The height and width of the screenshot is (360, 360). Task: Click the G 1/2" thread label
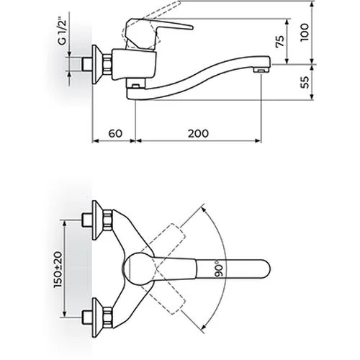click(62, 33)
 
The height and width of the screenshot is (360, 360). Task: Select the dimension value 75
click(280, 41)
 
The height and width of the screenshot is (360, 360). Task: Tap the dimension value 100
click(305, 32)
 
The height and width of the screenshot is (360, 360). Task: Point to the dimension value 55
click(305, 82)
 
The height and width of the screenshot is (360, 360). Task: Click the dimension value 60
click(115, 133)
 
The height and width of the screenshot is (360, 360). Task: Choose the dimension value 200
click(198, 133)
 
